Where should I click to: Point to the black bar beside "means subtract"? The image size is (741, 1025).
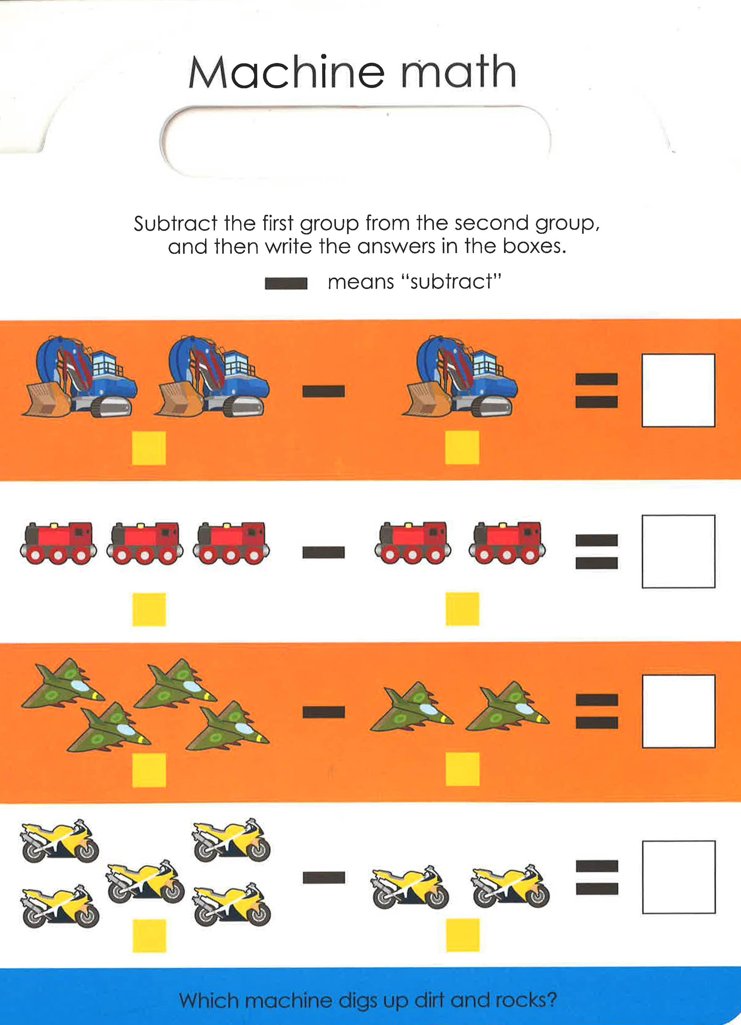point(286,283)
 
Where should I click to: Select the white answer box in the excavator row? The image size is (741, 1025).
point(678,390)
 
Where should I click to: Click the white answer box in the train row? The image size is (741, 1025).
point(678,551)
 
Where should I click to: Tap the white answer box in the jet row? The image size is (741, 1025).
point(678,711)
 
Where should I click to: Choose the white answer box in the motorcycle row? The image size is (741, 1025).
point(678,877)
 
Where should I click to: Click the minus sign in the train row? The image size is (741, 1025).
point(323,552)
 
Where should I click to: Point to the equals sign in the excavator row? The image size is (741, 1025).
point(597,390)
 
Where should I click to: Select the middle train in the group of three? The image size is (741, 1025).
point(145,544)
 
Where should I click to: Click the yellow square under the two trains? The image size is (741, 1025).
point(462,609)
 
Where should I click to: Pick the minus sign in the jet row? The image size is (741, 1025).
point(323,712)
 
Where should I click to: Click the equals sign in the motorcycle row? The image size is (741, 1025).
point(597,877)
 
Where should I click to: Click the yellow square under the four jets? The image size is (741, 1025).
point(149,770)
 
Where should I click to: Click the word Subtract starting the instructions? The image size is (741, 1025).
point(176,223)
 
